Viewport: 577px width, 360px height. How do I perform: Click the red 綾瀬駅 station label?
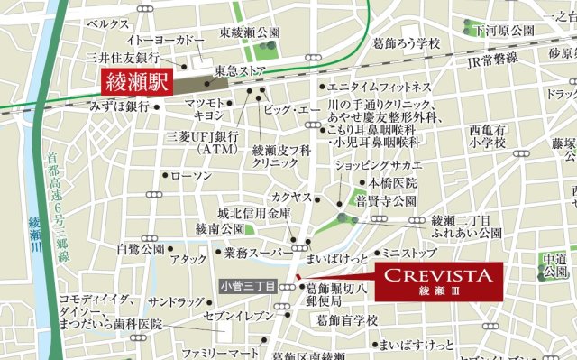(138, 85)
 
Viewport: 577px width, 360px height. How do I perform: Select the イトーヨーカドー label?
(166, 42)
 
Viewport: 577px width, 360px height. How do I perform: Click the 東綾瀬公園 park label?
(251, 32)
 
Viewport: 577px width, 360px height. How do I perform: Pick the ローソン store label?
(189, 175)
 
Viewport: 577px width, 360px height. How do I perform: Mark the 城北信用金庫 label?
(255, 214)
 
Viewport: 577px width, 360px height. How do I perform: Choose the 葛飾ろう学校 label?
(409, 43)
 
